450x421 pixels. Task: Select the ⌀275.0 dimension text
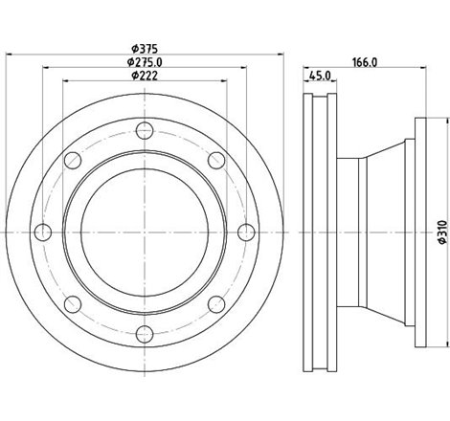[x=145, y=63]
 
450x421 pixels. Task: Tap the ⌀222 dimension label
[x=145, y=77]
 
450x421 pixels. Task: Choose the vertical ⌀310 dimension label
[x=439, y=231]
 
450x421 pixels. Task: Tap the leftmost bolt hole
[x=44, y=232]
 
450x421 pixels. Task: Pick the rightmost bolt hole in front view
[x=245, y=232]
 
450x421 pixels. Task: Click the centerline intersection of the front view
[x=145, y=232]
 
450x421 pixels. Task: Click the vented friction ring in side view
[x=320, y=231]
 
